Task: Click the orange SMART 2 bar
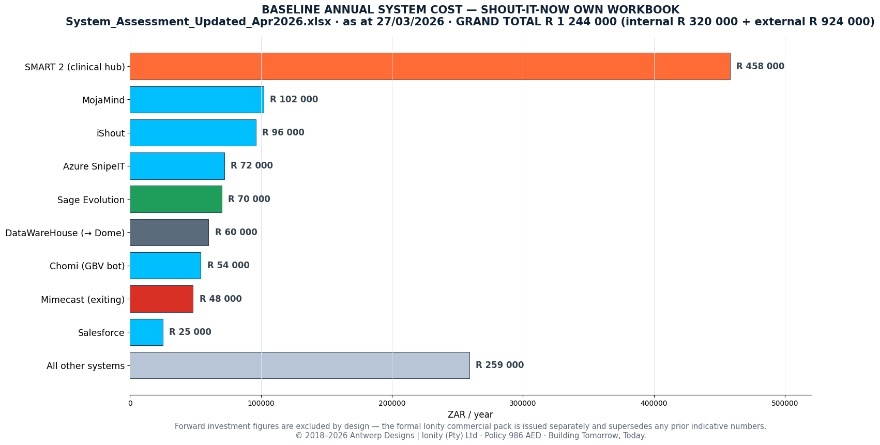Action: [x=430, y=66]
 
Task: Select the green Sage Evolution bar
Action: [x=176, y=199]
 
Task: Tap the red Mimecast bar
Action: [x=161, y=299]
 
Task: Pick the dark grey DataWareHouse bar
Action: [x=169, y=233]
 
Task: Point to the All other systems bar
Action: [x=300, y=365]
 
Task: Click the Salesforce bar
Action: [x=146, y=332]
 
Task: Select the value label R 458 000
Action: [x=760, y=66]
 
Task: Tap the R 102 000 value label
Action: [x=294, y=99]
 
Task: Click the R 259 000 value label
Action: [x=499, y=365]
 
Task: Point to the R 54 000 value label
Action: [x=228, y=265]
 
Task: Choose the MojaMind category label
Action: [x=103, y=100]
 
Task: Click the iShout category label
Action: [x=111, y=133]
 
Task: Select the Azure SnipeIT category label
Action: [x=94, y=166]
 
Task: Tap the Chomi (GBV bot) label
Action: [x=87, y=266]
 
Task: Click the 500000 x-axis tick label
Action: [x=785, y=403]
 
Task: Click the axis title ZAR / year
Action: [x=471, y=415]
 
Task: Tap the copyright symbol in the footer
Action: [x=299, y=436]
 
